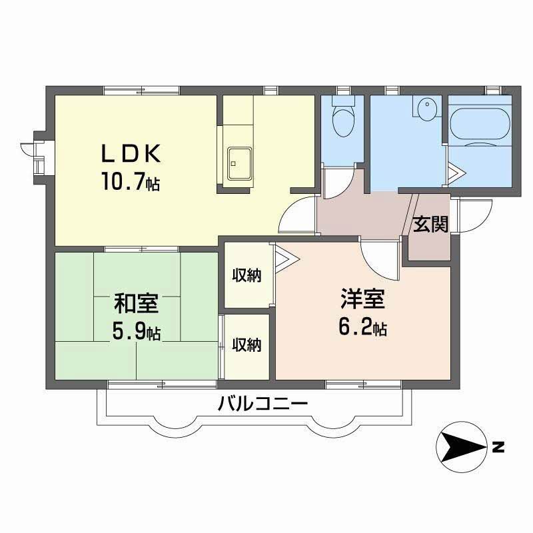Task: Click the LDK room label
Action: click(131, 154)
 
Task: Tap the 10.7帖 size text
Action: click(131, 182)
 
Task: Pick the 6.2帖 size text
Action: click(362, 328)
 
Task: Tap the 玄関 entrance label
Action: click(430, 225)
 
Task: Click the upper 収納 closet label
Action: click(247, 274)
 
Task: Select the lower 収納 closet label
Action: click(247, 344)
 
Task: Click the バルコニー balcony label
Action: click(262, 404)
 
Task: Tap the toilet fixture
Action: click(343, 120)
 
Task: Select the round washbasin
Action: click(426, 107)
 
